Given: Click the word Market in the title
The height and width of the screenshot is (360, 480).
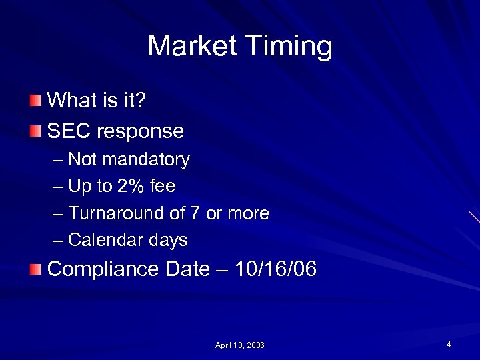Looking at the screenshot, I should coord(192,47).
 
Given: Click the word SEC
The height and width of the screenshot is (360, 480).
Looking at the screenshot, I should coord(69,131).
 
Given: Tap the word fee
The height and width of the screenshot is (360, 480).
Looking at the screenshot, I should coord(163,187).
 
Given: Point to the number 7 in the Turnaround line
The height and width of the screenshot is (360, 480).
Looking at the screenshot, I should coord(195,213).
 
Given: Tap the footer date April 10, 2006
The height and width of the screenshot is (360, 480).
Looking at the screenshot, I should coord(239,345).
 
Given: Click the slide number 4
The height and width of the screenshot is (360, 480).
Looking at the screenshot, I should coord(449,345).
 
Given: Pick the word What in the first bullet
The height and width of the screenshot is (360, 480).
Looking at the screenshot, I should coord(73,101).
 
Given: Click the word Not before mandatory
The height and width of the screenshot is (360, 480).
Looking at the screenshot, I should coord(82,160).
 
